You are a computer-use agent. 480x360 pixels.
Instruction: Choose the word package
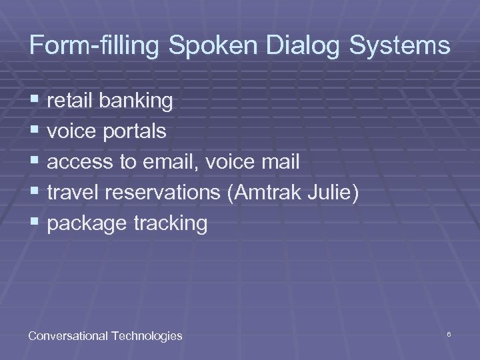(86, 224)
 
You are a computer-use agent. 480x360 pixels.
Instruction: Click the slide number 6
(450, 332)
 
